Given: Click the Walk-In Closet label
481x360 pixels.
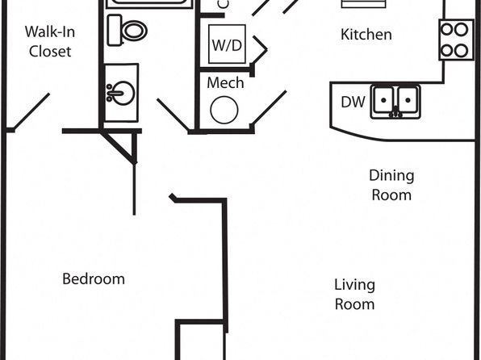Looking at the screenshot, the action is pos(50,41).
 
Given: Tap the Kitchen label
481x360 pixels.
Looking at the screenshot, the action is pos(366,35).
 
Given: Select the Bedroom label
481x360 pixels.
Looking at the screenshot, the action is pos(94,279).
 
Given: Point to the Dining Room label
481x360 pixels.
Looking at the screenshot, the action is pos(391,185).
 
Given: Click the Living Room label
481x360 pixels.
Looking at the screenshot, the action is pos(354,295).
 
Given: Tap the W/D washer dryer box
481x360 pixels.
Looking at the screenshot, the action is pos(227,44).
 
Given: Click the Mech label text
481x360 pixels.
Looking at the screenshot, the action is pos(225,83).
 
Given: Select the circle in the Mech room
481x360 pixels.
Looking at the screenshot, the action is pos(224,110).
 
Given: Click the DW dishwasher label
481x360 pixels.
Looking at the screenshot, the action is pos(353,102).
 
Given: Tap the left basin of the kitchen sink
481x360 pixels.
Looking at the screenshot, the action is pos(383,100).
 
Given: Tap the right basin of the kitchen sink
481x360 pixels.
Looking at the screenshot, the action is pos(408,100).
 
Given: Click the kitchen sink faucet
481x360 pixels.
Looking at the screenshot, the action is pos(395,113).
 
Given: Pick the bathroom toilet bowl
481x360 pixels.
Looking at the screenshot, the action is pos(134,31).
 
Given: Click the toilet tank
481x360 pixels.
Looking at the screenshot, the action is pos(115,30).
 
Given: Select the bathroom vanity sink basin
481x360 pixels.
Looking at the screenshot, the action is pos(120,93).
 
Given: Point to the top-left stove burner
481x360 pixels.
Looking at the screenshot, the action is pos(447,30).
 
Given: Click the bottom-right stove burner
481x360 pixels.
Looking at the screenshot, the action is pos(461,51).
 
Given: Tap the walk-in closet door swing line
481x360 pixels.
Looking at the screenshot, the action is pos(31,111).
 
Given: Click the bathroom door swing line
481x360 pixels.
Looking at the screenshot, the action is pos(173,115).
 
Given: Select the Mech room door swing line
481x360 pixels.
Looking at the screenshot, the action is pos(269,107).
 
